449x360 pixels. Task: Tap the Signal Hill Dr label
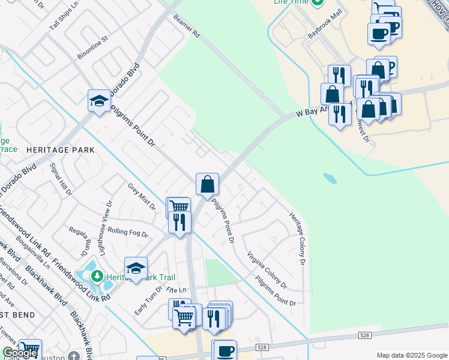click(x=62, y=179)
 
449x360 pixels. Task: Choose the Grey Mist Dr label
click(x=141, y=197)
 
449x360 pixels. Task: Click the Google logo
click(x=20, y=353)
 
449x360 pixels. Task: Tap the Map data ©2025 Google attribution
click(x=412, y=355)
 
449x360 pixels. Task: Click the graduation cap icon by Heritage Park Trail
click(x=136, y=268)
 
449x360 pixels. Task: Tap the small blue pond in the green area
click(x=330, y=178)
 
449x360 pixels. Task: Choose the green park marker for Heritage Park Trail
click(x=97, y=277)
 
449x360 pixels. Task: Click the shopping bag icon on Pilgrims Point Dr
click(x=207, y=184)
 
